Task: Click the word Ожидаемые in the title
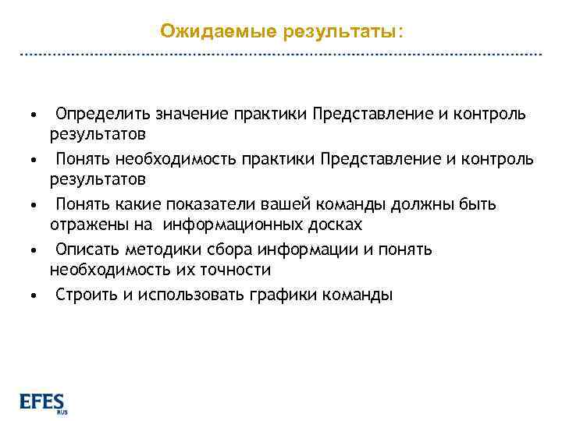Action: pos(205,31)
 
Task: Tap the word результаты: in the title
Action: pos(329,31)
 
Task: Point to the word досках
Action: pos(335,225)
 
